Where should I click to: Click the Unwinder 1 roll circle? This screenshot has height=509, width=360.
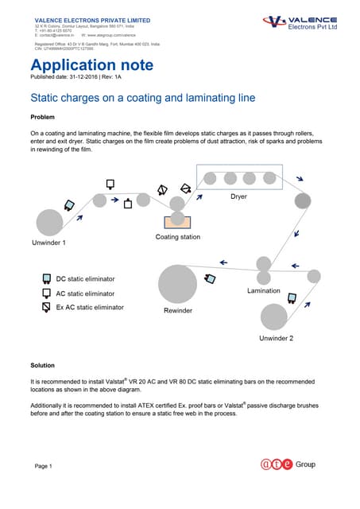tap(49, 222)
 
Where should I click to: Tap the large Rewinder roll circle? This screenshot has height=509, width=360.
tap(178, 285)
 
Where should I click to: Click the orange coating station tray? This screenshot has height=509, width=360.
tap(178, 221)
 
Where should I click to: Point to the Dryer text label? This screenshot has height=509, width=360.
tap(238, 196)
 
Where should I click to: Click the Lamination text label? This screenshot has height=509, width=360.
tap(264, 291)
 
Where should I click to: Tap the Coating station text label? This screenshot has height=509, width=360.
tap(178, 237)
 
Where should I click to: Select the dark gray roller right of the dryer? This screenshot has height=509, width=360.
tap(303, 200)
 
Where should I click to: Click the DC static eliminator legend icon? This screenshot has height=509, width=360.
tap(47, 279)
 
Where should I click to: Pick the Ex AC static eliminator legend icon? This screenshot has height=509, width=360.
tap(47, 306)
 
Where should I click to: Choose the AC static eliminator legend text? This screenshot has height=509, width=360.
tap(91, 293)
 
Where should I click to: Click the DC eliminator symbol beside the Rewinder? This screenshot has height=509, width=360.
tap(211, 278)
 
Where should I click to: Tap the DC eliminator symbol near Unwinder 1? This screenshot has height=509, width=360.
tap(70, 204)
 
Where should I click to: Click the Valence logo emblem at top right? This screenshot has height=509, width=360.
tap(276, 22)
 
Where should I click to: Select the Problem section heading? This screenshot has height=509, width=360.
tap(43, 118)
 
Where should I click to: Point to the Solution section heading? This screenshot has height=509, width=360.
tap(43, 366)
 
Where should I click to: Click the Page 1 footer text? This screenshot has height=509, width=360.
tap(43, 465)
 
